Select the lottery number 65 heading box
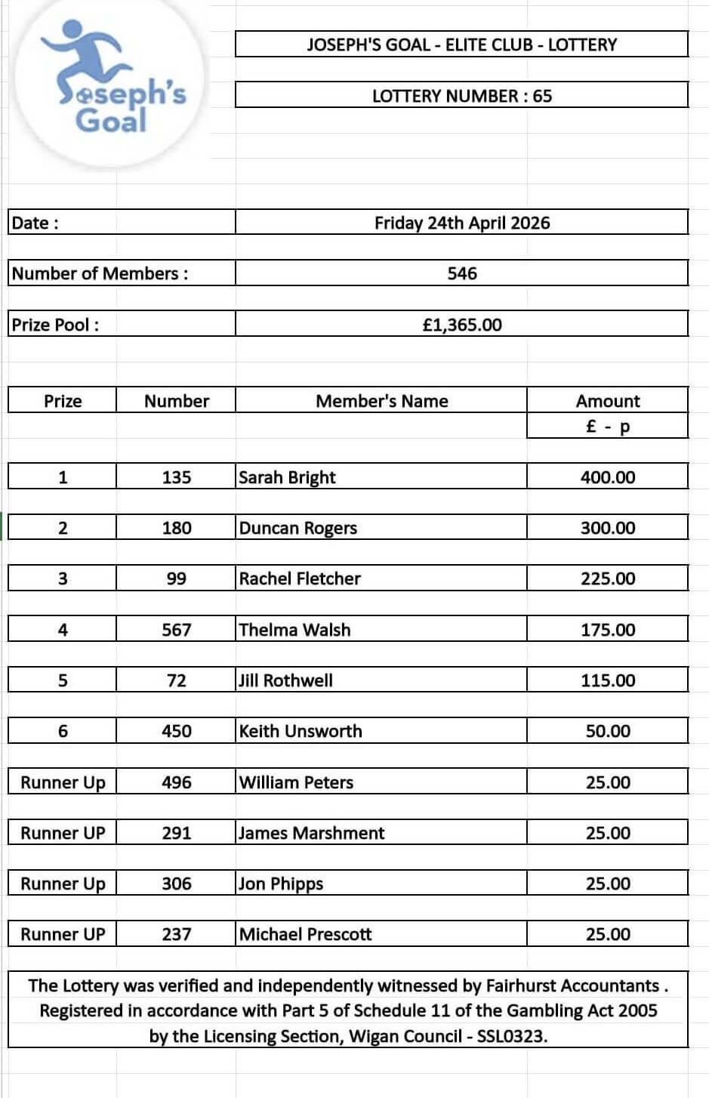tap(461, 96)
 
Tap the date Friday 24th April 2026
tap(461, 223)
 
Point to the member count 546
tap(461, 273)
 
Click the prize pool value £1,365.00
tap(461, 325)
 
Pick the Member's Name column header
tap(381, 401)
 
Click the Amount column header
tap(607, 401)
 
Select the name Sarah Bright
tap(287, 477)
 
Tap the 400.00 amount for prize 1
tap(607, 477)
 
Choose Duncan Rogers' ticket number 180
tap(176, 528)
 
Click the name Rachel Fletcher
tap(300, 578)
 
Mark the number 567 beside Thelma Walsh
tap(176, 630)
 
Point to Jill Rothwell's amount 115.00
tap(607, 680)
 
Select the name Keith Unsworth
tap(301, 731)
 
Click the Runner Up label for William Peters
tap(63, 782)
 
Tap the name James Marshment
tap(311, 833)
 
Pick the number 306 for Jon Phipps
tap(176, 884)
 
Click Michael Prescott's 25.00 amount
tap(607, 934)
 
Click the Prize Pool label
tap(55, 325)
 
